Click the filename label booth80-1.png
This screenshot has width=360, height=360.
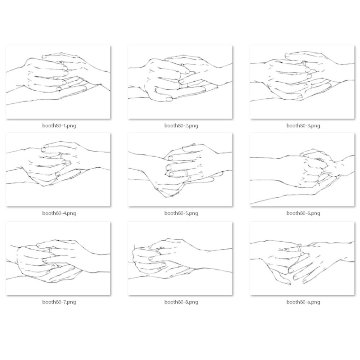59,126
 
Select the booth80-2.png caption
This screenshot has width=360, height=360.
181,126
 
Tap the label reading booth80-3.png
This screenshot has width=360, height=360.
303,126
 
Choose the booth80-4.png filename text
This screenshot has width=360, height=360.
59,213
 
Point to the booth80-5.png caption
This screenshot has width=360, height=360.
181,213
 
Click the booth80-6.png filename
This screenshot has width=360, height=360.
303,213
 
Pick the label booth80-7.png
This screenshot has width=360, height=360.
59,302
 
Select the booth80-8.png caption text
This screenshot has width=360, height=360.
181,302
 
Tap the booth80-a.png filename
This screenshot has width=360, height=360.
303,302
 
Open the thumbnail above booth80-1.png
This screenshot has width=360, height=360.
58,82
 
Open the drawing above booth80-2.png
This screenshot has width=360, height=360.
180,82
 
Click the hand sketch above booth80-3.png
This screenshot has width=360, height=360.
302,82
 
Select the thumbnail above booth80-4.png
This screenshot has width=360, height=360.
58,170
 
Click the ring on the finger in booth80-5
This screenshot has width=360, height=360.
187,173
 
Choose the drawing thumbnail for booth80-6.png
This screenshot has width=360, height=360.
302,170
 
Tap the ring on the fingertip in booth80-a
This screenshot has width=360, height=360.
299,248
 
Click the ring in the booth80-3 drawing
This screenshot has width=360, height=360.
304,63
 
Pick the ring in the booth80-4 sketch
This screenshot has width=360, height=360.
60,156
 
